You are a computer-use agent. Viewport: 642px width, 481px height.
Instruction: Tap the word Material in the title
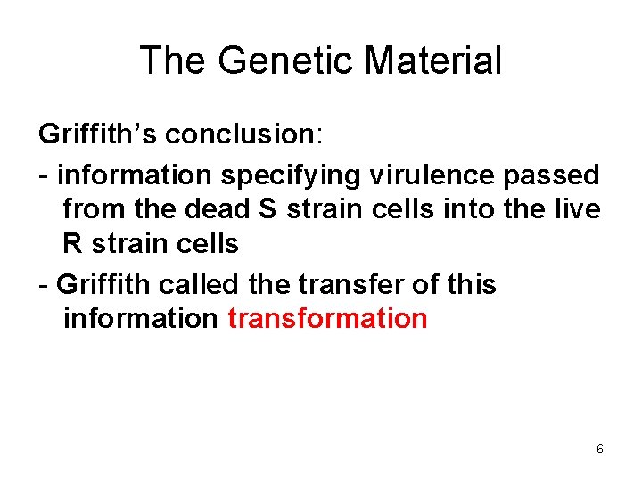point(434,61)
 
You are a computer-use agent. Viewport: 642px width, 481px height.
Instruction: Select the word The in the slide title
point(174,61)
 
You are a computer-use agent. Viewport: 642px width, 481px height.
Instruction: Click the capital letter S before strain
point(268,211)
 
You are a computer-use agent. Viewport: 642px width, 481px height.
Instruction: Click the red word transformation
point(327,318)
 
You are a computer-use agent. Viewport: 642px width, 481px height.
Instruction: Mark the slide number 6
point(600,450)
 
